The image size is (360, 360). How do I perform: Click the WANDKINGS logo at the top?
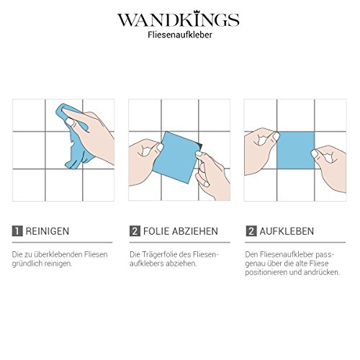179,19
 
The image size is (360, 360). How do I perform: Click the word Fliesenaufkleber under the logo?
180,35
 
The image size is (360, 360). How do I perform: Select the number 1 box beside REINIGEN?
17,231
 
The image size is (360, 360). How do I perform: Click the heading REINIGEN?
48,231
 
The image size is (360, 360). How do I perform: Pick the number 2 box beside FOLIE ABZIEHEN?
135,231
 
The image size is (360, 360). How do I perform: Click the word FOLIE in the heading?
156,231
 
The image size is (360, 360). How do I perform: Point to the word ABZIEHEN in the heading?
195,231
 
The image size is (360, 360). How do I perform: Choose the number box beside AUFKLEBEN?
251,231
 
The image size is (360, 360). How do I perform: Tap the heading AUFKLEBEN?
287,231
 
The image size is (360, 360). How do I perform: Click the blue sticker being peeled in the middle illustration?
176,157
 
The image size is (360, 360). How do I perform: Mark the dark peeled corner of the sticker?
199,146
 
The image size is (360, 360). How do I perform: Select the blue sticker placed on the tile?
296,150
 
